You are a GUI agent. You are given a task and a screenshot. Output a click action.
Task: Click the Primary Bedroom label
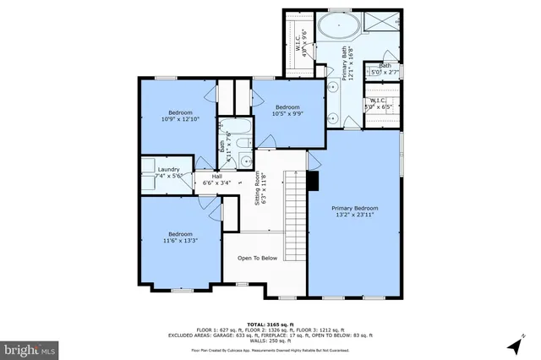pyautogui.click(x=354, y=208)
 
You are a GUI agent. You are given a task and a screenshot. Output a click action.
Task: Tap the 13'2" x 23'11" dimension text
pyautogui.click(x=354, y=215)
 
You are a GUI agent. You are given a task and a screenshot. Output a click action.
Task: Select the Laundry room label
pyautogui.click(x=168, y=169)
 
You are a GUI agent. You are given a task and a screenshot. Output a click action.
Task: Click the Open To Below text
pyautogui.click(x=257, y=258)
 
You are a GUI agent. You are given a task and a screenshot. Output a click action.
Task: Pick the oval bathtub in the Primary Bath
pyautogui.click(x=338, y=26)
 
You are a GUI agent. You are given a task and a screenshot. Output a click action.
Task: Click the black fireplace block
pyautogui.click(x=313, y=180)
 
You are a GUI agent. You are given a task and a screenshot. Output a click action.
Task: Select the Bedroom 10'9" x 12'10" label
pyautogui.click(x=179, y=112)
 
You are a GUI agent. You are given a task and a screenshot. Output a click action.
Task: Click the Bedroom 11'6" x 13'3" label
pyautogui.click(x=179, y=234)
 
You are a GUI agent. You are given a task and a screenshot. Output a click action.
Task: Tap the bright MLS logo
pyautogui.click(x=30, y=347)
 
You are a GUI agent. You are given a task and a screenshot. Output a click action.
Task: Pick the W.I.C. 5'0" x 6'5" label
pyautogui.click(x=377, y=104)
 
